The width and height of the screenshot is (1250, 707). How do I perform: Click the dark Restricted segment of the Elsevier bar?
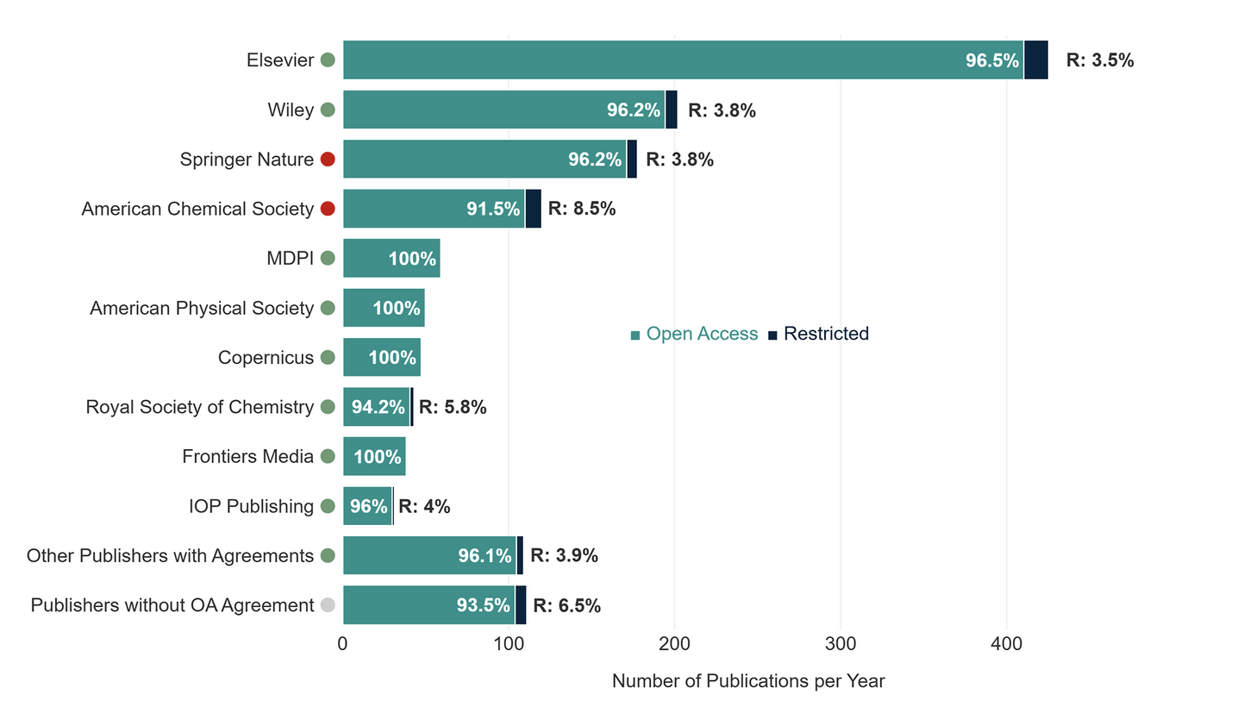tap(1035, 60)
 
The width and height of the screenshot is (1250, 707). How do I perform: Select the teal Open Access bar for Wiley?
tap(503, 109)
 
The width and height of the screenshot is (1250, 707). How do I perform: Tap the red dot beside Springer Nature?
tap(328, 160)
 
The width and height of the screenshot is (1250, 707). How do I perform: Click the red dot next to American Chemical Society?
tap(328, 209)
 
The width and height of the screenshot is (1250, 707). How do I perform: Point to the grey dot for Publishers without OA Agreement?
tap(328, 605)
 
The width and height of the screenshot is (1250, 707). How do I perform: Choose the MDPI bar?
tap(391, 259)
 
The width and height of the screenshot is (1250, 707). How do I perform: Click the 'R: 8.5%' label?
tap(582, 209)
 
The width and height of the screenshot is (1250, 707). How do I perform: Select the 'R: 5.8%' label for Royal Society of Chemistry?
tap(453, 407)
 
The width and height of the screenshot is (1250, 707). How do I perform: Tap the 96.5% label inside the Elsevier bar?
tap(992, 60)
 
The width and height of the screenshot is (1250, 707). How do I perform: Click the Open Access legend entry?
tap(695, 334)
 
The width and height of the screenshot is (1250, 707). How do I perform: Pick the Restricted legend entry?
tap(819, 334)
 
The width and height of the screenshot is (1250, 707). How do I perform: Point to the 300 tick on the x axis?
tap(841, 643)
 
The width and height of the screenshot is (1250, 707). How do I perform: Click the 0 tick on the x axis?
tap(343, 643)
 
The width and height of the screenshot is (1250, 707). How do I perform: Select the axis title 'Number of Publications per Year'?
tap(748, 681)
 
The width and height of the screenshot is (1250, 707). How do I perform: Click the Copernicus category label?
tap(266, 357)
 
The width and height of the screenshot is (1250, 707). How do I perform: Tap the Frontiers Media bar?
tap(374, 457)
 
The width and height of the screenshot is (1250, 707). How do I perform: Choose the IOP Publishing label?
tap(251, 506)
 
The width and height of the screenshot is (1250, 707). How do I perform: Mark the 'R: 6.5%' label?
tap(567, 605)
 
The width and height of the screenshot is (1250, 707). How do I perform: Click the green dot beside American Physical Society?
tap(328, 308)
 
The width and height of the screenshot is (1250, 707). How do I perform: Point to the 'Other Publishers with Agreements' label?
tap(170, 556)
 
